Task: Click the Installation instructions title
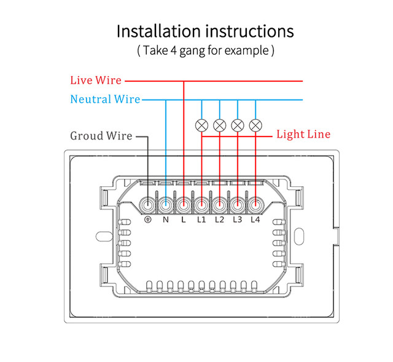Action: coord(205,31)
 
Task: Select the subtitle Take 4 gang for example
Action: coord(205,50)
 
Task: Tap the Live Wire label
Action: coord(95,81)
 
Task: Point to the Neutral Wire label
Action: coord(105,100)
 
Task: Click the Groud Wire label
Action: coord(101,136)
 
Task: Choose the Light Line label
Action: coord(303,135)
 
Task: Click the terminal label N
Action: coord(166,220)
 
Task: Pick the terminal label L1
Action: coord(202,220)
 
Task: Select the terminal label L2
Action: coord(220,220)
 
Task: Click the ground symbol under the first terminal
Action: coord(148,220)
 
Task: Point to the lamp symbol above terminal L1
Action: coord(201,125)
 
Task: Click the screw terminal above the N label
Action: coord(166,203)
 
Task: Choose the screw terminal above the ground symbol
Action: coord(148,203)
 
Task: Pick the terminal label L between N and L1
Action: coord(184,220)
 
